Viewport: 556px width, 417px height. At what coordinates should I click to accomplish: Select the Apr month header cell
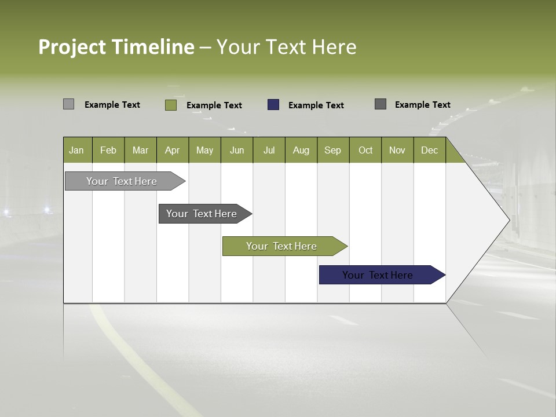pos(173,150)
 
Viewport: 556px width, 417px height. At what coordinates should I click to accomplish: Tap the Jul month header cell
pos(269,150)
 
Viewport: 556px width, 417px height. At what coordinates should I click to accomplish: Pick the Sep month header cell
pos(333,150)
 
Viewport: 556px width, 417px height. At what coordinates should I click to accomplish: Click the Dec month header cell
pos(429,150)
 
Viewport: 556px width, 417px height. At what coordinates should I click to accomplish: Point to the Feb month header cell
pos(108,150)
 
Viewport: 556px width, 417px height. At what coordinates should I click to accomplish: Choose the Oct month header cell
pos(365,150)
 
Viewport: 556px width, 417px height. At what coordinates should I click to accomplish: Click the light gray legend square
pos(68,104)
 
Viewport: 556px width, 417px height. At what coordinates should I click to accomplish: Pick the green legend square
pos(170,105)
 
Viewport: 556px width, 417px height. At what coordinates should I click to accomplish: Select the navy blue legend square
pos(273,105)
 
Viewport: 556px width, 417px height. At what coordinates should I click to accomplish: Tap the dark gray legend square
pos(381,104)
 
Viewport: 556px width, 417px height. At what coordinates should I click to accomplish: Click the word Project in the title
pos(72,47)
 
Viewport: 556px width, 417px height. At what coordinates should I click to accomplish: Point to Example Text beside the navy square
pos(316,105)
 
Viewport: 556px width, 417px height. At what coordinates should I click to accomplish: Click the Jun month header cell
pos(237,150)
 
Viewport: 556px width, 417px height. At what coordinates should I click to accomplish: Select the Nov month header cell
pos(397,150)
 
